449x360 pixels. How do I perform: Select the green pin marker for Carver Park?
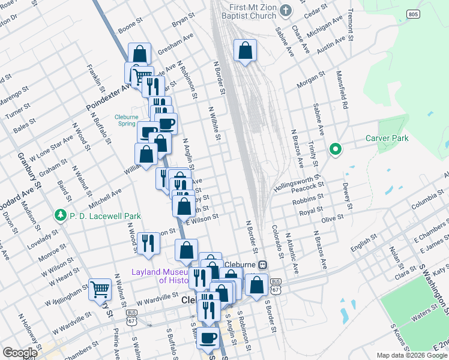pyautogui.click(x=335, y=149)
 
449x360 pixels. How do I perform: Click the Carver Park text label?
pyautogui.click(x=387, y=139)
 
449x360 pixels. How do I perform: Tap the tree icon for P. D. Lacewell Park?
pyautogui.click(x=60, y=215)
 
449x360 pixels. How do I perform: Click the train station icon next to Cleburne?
pyautogui.click(x=262, y=265)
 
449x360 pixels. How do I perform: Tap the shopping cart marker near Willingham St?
pyautogui.click(x=100, y=289)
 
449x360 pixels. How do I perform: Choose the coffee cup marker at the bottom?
pyautogui.click(x=208, y=338)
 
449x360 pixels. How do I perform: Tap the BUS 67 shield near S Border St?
pyautogui.click(x=276, y=286)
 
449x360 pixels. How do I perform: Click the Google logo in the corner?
pyautogui.click(x=20, y=353)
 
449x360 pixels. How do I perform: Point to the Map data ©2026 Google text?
pyautogui.click(x=412, y=355)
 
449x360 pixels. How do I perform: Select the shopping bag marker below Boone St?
pyautogui.click(x=139, y=54)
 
